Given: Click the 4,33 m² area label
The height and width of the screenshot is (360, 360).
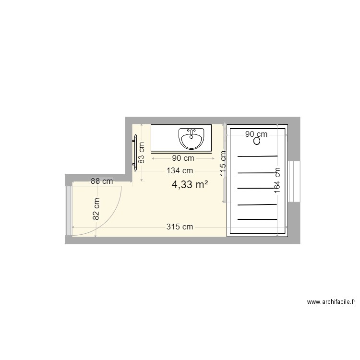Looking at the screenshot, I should (x=190, y=185).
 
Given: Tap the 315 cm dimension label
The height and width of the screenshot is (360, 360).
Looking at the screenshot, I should (x=180, y=227).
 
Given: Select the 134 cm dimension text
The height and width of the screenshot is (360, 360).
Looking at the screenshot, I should (x=180, y=170).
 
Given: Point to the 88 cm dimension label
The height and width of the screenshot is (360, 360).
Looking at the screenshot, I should (x=102, y=181).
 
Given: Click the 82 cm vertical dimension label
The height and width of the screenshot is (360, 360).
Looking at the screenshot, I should (x=96, y=209).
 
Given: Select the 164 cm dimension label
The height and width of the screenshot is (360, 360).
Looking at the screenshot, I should (x=277, y=180).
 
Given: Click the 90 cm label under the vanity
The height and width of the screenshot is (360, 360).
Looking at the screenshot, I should (x=183, y=158).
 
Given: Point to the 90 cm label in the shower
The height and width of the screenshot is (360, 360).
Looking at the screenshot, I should (x=256, y=134).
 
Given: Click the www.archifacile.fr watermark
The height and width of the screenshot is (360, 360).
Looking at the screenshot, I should (x=331, y=302).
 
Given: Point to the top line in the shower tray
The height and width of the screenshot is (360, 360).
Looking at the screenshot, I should (x=258, y=156).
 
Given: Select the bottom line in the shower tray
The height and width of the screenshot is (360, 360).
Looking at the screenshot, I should (x=258, y=219).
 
